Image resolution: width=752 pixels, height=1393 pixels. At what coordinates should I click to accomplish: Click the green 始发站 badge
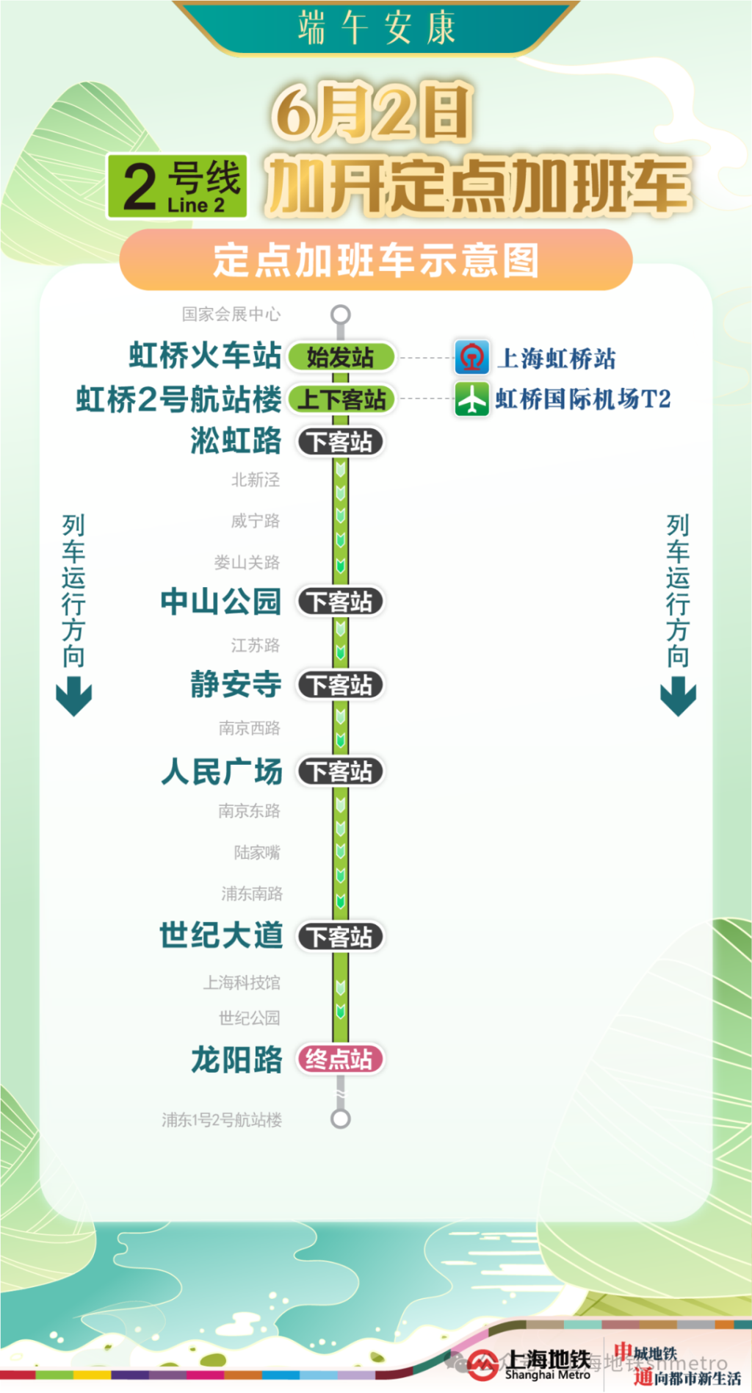tap(341, 358)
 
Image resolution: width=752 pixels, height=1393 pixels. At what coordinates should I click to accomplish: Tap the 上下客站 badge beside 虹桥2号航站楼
tap(341, 400)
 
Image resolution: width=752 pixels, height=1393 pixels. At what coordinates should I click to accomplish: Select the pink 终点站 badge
tap(340, 1059)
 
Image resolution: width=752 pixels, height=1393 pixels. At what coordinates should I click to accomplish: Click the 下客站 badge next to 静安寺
tap(340, 685)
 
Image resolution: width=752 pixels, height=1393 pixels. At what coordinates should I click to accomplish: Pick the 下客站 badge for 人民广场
tap(340, 771)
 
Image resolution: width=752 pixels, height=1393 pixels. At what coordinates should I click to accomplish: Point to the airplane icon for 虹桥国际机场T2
tap(471, 400)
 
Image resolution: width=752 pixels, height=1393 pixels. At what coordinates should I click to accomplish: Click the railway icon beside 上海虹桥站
tap(471, 358)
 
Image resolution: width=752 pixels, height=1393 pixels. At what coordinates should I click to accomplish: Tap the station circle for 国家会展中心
tap(340, 314)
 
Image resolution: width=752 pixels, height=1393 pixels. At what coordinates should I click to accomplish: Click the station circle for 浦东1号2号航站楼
tap(340, 1119)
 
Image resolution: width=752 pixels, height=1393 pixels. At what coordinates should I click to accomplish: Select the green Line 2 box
tap(177, 187)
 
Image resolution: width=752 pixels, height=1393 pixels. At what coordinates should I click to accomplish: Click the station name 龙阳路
tap(236, 1060)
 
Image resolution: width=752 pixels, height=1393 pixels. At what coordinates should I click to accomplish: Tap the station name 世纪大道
tap(221, 935)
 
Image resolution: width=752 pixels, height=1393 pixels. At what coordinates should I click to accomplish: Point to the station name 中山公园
tap(221, 602)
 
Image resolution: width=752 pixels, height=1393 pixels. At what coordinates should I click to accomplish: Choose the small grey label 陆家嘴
tap(257, 852)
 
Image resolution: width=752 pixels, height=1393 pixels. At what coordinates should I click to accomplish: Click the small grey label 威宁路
tap(255, 521)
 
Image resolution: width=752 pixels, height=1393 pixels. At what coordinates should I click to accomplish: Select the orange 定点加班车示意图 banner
tap(376, 260)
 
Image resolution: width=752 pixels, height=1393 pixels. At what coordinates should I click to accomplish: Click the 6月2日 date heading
tap(372, 112)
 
